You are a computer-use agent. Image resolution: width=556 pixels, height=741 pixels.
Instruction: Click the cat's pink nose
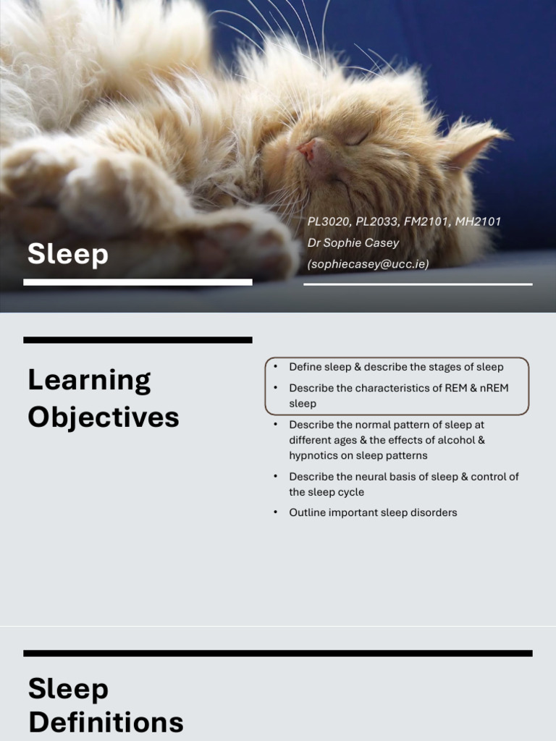307,150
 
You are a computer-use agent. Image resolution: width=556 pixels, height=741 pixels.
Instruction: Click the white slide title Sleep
68,254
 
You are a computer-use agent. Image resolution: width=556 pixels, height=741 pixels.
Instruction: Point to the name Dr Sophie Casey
353,242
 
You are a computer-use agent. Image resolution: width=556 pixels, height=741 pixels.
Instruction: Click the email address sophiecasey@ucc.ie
368,264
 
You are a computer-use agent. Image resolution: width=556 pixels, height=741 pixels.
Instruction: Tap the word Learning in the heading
89,380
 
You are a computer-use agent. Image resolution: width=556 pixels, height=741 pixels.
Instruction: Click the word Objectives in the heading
104,418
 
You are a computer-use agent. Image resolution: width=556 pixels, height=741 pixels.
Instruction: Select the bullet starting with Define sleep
396,367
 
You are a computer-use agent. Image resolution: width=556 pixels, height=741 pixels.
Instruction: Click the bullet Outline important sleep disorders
373,512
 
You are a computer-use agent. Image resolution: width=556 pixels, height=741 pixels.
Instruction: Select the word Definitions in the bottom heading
106,722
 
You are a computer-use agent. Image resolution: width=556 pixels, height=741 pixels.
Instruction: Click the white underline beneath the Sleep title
138,282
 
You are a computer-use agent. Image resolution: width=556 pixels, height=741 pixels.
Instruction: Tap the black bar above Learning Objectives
138,339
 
